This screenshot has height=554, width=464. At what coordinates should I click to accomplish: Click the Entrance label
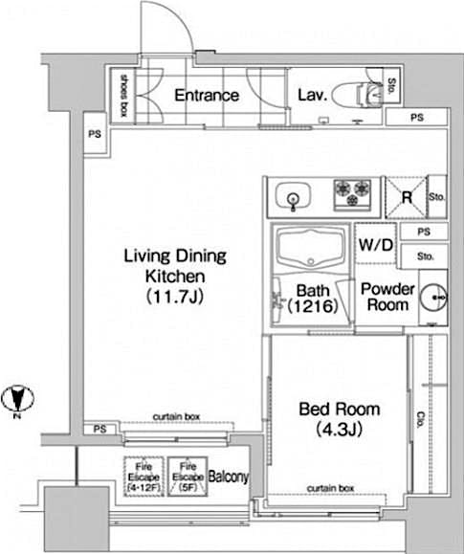coord(206,95)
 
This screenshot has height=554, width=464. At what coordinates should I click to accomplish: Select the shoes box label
coord(121,95)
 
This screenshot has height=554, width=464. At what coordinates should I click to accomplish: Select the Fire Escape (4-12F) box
coord(142,475)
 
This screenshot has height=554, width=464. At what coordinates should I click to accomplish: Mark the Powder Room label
coord(387,297)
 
